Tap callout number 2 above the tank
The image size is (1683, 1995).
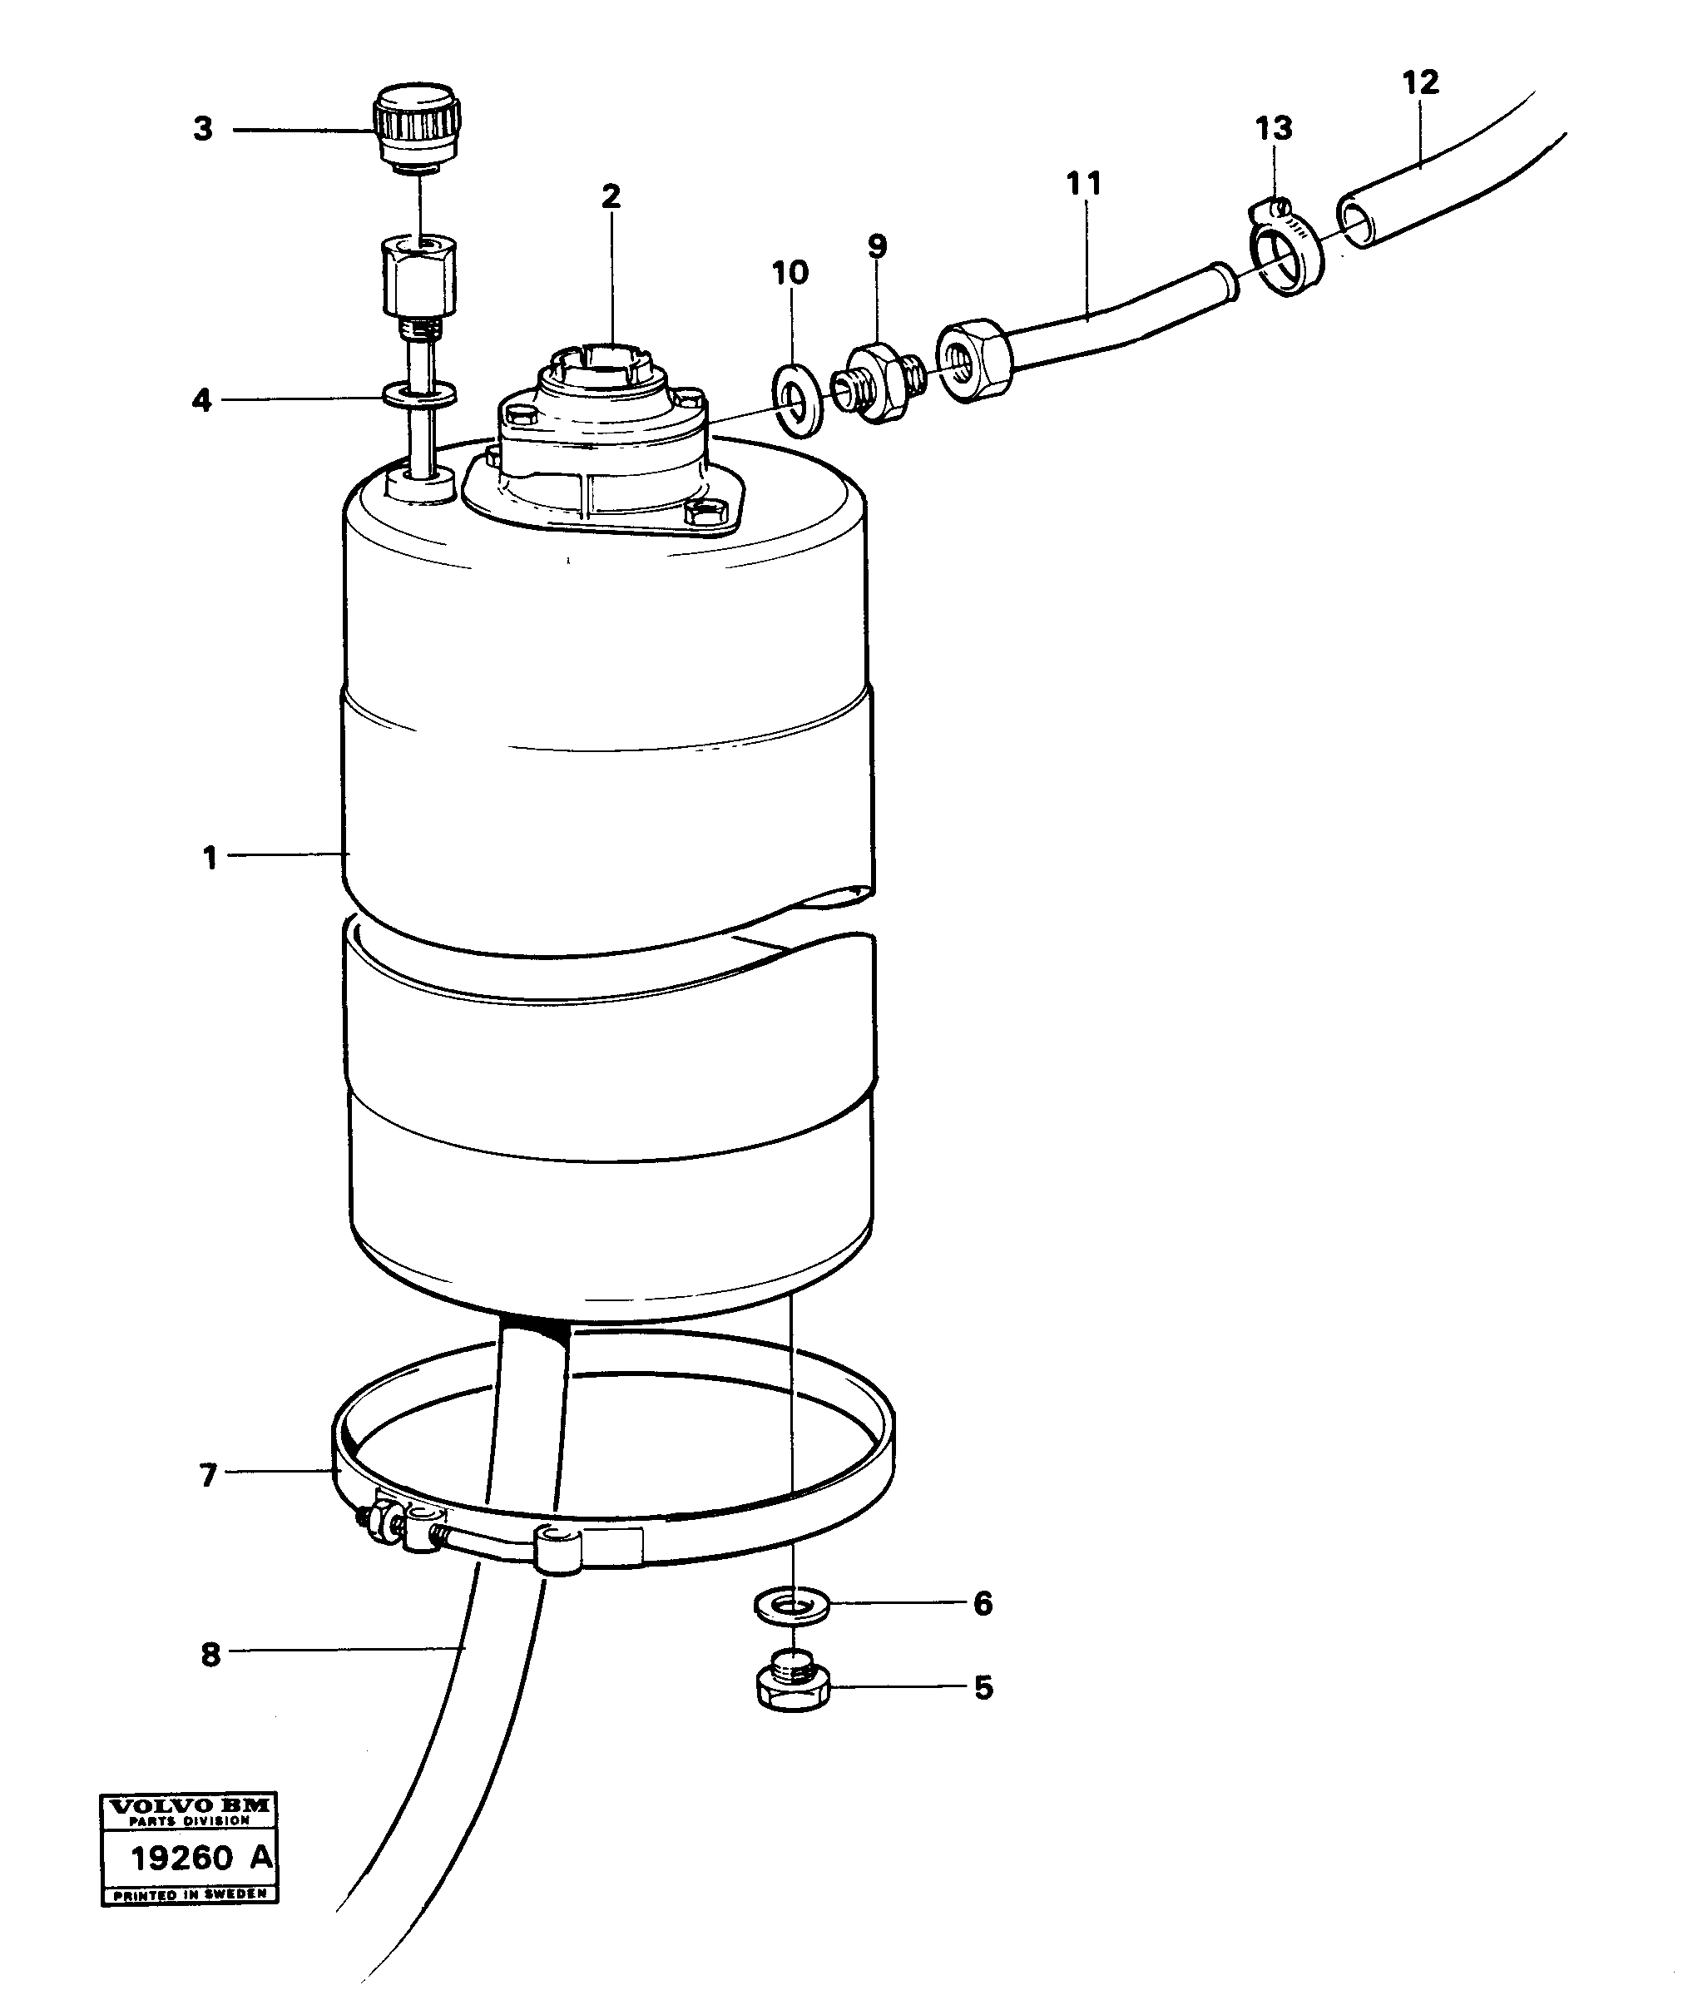(x=611, y=196)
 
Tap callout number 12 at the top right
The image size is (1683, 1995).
(x=1419, y=82)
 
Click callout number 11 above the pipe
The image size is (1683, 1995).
(x=1083, y=183)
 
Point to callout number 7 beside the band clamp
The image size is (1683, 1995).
(x=208, y=1476)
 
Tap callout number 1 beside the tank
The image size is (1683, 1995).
(x=210, y=858)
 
